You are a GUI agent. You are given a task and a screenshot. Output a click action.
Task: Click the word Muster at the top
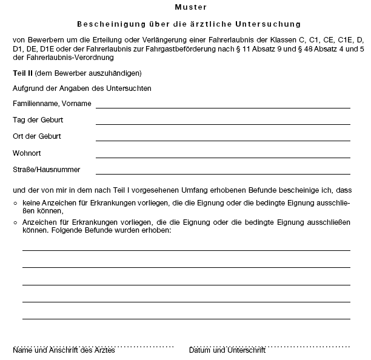coord(190,7)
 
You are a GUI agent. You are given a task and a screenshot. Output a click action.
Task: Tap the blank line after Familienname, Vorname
coord(222,107)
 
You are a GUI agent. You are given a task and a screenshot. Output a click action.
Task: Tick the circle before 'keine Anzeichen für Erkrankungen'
coord(16,203)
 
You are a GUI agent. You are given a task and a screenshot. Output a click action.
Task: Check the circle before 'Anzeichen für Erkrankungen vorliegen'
coord(16,222)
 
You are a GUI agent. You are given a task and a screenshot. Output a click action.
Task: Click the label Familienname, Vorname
coord(52,104)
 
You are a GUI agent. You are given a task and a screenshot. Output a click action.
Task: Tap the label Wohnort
coord(27,153)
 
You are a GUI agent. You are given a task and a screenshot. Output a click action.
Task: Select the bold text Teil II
coord(22,73)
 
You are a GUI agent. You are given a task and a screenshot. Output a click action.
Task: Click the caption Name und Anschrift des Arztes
coord(64,350)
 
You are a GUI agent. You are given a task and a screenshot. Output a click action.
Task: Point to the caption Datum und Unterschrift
coord(227,350)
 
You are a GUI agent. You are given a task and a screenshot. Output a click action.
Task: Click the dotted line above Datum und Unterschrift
coord(269,345)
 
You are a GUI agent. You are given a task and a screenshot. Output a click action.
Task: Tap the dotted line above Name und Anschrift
coord(93,345)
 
